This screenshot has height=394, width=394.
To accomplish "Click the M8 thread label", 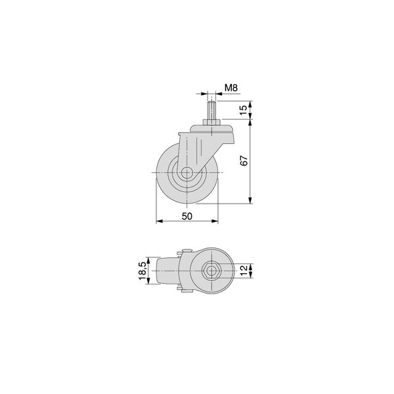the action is pyautogui.click(x=231, y=88).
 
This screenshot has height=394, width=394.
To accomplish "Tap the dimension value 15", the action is pyautogui.click(x=243, y=110).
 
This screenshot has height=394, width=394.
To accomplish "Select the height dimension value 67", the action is pyautogui.click(x=244, y=161).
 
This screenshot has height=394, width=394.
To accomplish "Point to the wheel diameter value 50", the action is pyautogui.click(x=187, y=216).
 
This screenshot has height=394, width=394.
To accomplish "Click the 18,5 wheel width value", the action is pyautogui.click(x=142, y=271).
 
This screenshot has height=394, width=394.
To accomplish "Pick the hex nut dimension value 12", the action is pyautogui.click(x=244, y=271).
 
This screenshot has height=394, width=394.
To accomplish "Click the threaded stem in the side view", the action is pyautogui.click(x=211, y=110).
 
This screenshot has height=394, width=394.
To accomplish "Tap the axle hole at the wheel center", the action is pyautogui.click(x=186, y=173).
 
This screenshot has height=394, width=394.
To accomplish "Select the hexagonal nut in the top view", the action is pyautogui.click(x=211, y=271).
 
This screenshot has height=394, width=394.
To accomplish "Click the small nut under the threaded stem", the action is pyautogui.click(x=211, y=122).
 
